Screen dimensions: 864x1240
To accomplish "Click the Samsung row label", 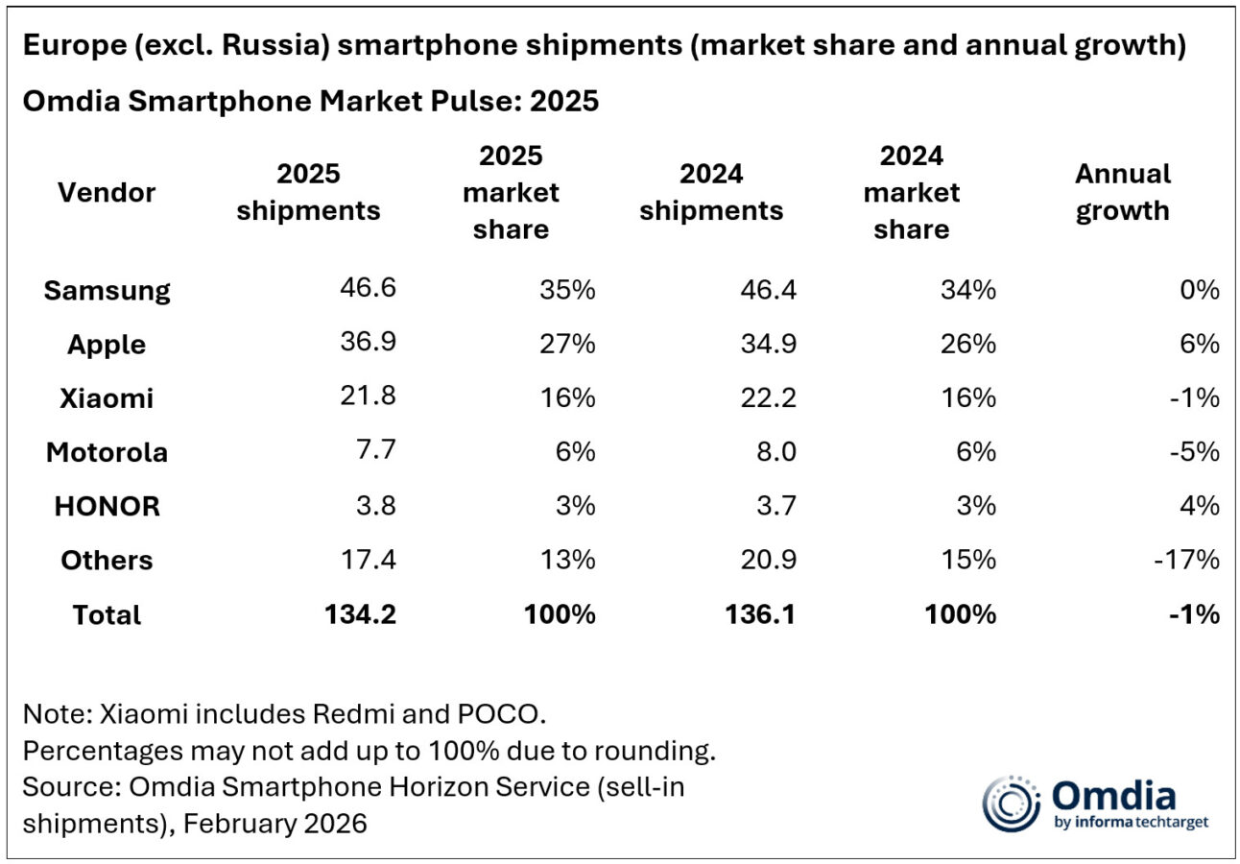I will tap(107, 290).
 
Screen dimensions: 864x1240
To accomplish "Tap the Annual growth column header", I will tap(1122, 192).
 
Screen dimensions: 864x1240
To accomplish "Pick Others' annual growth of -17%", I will tap(1186, 559).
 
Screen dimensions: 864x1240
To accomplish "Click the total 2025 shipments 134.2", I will tap(359, 613).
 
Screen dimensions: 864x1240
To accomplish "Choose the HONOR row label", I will tap(107, 506).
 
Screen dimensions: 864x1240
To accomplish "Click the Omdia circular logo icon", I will tap(1010, 803).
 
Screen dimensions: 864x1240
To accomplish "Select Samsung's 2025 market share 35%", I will tap(566, 290).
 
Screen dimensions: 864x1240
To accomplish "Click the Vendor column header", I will tap(107, 192).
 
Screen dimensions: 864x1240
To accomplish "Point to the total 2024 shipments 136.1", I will tap(761, 613).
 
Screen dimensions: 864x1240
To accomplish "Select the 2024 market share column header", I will tap(911, 192).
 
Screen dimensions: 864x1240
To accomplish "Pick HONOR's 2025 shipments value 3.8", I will tap(374, 506).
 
